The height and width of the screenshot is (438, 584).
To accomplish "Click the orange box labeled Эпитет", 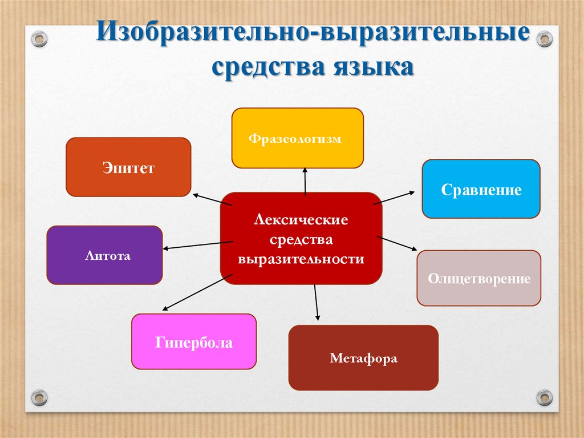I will [x=128, y=167].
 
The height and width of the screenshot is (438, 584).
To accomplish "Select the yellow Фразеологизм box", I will [x=297, y=138].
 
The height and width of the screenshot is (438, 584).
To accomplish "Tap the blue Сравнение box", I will [x=481, y=189].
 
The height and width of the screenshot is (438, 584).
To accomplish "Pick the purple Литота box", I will [x=104, y=255].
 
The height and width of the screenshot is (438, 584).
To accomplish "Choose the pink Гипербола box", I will [x=194, y=341].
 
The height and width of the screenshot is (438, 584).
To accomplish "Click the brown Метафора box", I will [x=363, y=358].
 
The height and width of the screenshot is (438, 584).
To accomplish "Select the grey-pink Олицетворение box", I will [x=478, y=278].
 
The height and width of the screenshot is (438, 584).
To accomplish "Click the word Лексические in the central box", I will [x=301, y=219].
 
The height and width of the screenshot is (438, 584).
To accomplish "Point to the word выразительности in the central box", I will [x=301, y=259].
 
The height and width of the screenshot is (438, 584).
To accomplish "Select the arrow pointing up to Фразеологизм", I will [x=305, y=181].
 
